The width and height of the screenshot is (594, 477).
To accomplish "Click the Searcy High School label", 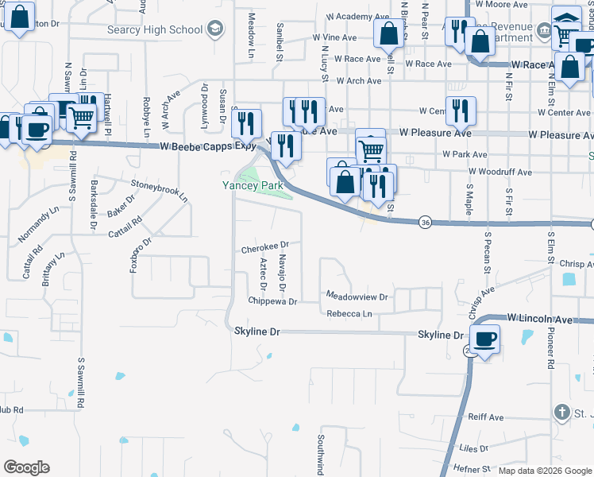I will [155, 30].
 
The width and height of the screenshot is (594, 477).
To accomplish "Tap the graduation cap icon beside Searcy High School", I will [214, 30].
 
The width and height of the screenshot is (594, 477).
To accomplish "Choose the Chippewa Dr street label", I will [272, 301].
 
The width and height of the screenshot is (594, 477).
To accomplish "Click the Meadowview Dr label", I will [357, 297].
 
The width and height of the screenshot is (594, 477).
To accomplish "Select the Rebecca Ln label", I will [349, 314].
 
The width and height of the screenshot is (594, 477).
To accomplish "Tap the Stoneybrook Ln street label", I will [159, 188].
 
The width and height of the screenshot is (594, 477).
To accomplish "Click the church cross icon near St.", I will [562, 412].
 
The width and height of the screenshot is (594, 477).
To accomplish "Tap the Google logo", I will [26, 467].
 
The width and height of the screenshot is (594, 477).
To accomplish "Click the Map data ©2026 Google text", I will [544, 471].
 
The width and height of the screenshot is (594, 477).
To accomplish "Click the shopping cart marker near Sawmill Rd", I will [81, 118].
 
